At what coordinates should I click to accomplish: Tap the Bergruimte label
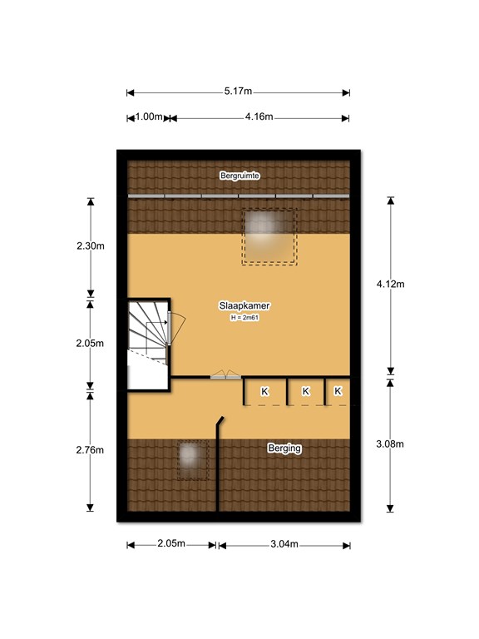[239, 176]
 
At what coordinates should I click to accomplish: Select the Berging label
[284, 448]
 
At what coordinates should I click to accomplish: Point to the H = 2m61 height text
[244, 318]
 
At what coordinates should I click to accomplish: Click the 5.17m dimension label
[238, 91]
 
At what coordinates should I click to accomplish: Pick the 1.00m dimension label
[149, 117]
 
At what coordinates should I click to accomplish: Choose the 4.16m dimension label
[259, 117]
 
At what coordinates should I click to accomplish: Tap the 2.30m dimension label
[91, 245]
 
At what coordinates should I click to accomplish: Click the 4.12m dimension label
[390, 284]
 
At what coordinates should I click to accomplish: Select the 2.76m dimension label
[90, 450]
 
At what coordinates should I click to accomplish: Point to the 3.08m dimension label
[390, 443]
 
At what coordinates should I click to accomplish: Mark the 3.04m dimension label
[284, 544]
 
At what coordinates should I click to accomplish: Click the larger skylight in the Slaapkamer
[269, 237]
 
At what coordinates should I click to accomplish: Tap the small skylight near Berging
[192, 459]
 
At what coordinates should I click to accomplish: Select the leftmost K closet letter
[264, 391]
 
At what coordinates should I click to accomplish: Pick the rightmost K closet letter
[338, 391]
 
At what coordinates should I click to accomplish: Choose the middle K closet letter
[306, 391]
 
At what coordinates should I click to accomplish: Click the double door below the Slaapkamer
[225, 375]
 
